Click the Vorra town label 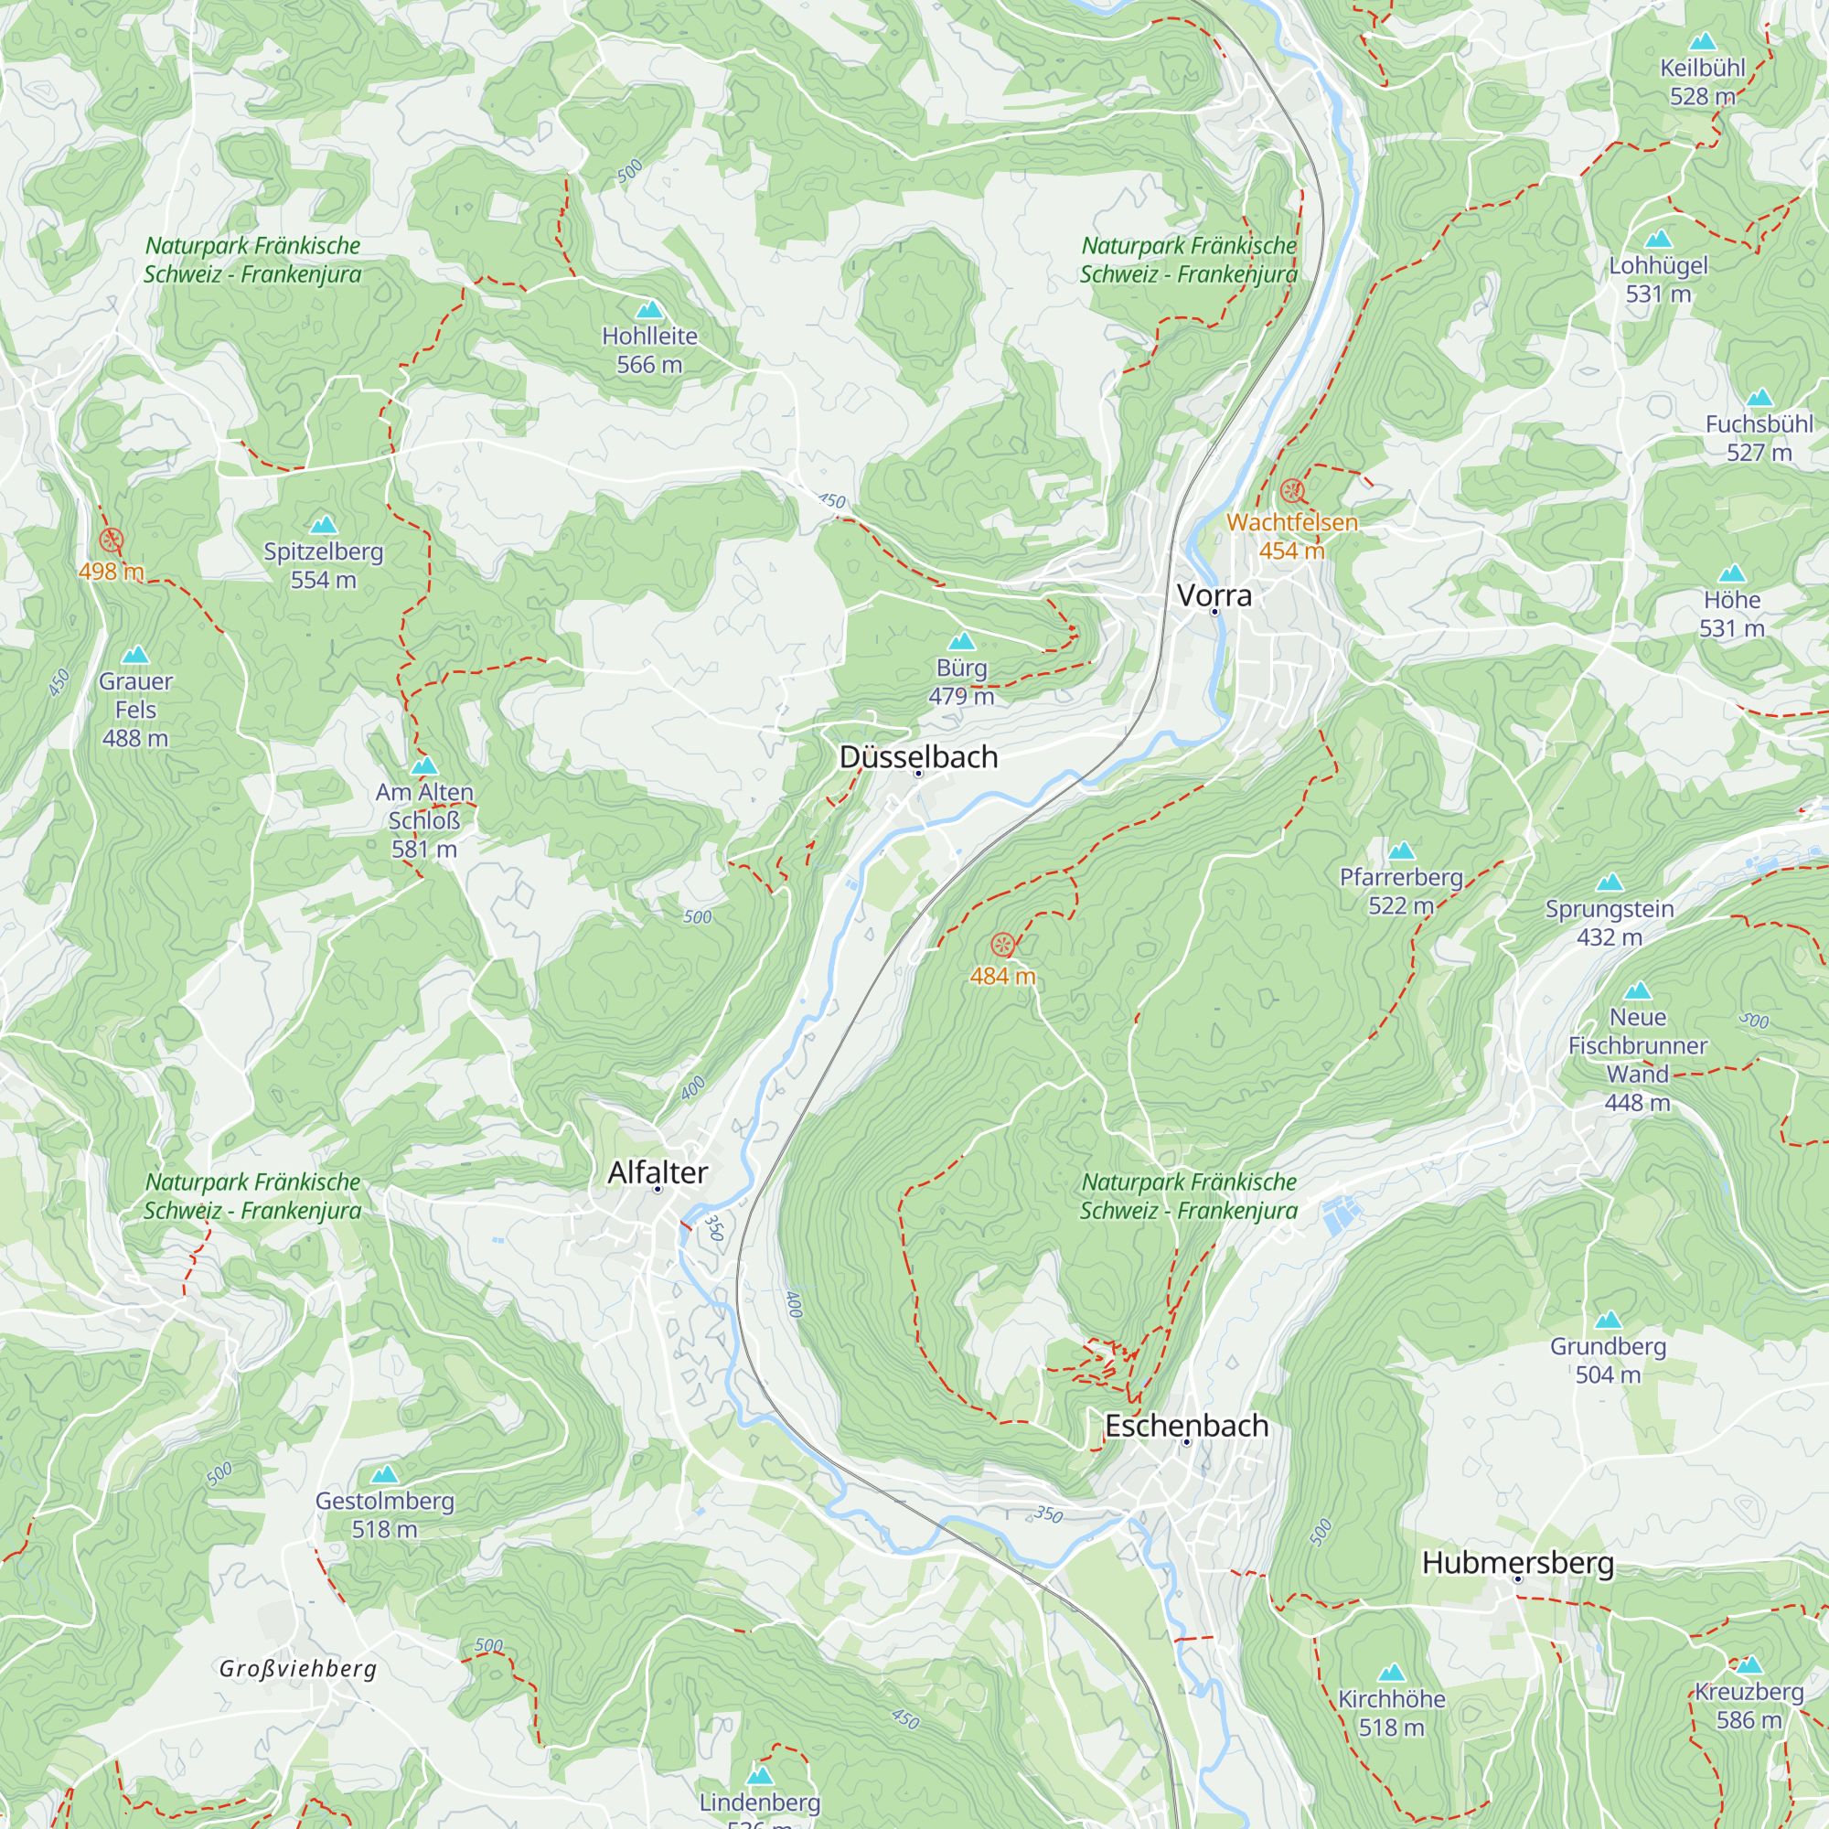tap(1214, 595)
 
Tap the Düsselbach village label tap(918, 757)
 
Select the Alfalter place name tap(657, 1173)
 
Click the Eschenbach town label tap(1186, 1426)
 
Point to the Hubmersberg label tap(1517, 1563)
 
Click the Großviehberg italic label tap(298, 1669)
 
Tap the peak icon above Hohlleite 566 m tap(648, 310)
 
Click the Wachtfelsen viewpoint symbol tap(1291, 490)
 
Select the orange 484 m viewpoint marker tap(1002, 945)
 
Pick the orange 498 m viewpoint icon tap(111, 540)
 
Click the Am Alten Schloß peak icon tap(424, 765)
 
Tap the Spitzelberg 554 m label tap(323, 565)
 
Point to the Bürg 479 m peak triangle tap(961, 641)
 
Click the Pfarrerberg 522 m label tap(1400, 891)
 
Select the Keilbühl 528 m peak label tap(1702, 81)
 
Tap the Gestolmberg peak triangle tap(383, 1474)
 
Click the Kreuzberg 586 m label tap(1749, 1705)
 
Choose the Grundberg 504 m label tap(1608, 1360)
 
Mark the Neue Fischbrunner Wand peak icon tap(1637, 991)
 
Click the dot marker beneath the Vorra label tap(1214, 612)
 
